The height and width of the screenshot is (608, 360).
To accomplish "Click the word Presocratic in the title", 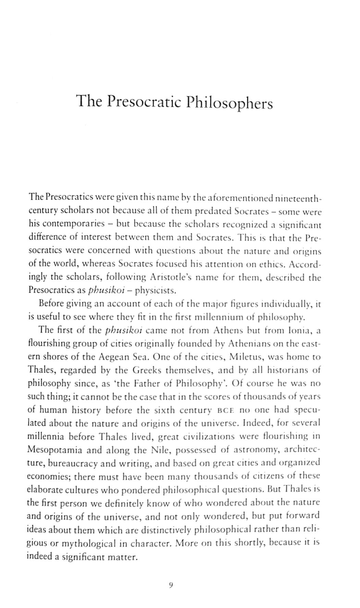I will [144, 102].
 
